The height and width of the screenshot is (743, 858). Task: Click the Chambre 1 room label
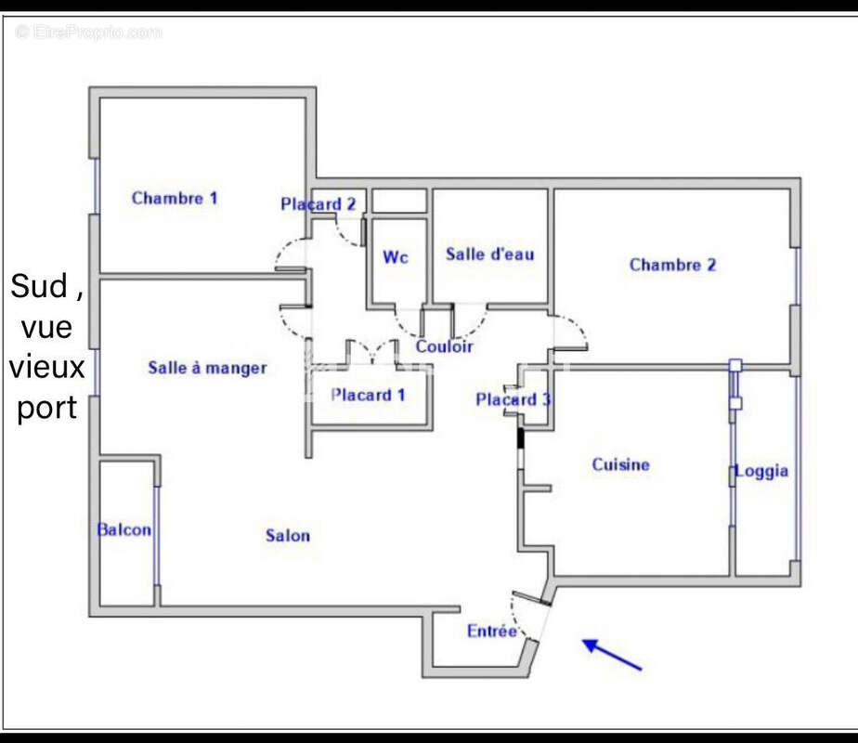pyautogui.click(x=175, y=198)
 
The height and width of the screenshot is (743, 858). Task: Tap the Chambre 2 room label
pyautogui.click(x=672, y=265)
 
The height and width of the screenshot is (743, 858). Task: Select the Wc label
pyautogui.click(x=396, y=257)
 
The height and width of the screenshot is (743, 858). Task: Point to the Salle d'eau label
pyautogui.click(x=489, y=254)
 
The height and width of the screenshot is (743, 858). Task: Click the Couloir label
pyautogui.click(x=444, y=346)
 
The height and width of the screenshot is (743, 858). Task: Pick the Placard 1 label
pyautogui.click(x=368, y=395)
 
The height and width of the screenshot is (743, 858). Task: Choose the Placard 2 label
pyautogui.click(x=318, y=204)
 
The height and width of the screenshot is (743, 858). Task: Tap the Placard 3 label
pyautogui.click(x=513, y=399)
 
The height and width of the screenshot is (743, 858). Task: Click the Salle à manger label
pyautogui.click(x=207, y=368)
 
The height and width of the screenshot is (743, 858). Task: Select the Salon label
pyautogui.click(x=288, y=535)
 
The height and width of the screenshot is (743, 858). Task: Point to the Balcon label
pyautogui.click(x=123, y=529)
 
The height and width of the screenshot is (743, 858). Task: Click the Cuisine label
pyautogui.click(x=620, y=464)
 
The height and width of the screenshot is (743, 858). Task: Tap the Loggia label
pyautogui.click(x=761, y=471)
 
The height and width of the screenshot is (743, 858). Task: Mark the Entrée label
pyautogui.click(x=491, y=632)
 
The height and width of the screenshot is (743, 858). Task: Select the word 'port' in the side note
pyautogui.click(x=46, y=407)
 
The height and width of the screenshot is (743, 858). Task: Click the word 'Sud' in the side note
pyautogui.click(x=39, y=287)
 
